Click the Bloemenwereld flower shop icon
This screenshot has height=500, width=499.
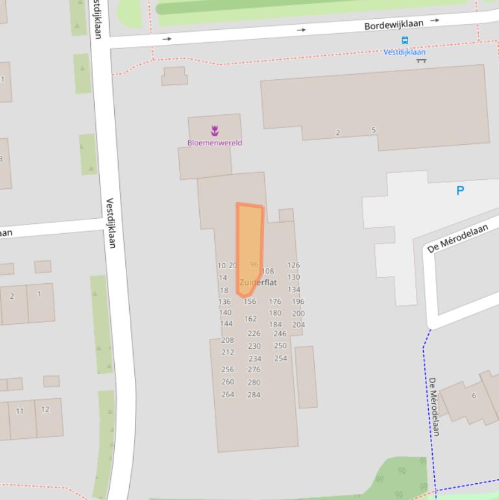215,131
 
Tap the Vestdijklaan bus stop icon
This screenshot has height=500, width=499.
405,40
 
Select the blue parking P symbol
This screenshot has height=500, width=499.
460,190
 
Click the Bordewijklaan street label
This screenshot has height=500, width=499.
393,25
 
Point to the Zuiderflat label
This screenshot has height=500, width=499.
258,282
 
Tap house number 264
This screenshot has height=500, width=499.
228,394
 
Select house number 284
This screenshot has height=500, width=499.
254,394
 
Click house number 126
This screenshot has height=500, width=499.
293,265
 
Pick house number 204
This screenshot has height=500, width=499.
298,325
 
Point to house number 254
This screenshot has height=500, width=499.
280,358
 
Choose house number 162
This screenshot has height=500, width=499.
250,319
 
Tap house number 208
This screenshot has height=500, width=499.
227,340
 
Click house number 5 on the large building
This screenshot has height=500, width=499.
373,130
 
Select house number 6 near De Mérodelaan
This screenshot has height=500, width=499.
474,395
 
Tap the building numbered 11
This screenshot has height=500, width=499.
19,411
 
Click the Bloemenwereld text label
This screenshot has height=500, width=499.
215,143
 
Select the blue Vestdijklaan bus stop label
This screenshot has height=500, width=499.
404,52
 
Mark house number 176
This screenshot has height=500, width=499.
275,301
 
